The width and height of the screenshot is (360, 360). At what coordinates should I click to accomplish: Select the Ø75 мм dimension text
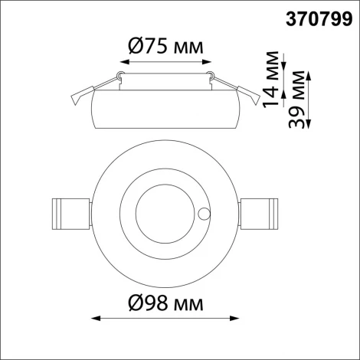click(164, 47)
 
